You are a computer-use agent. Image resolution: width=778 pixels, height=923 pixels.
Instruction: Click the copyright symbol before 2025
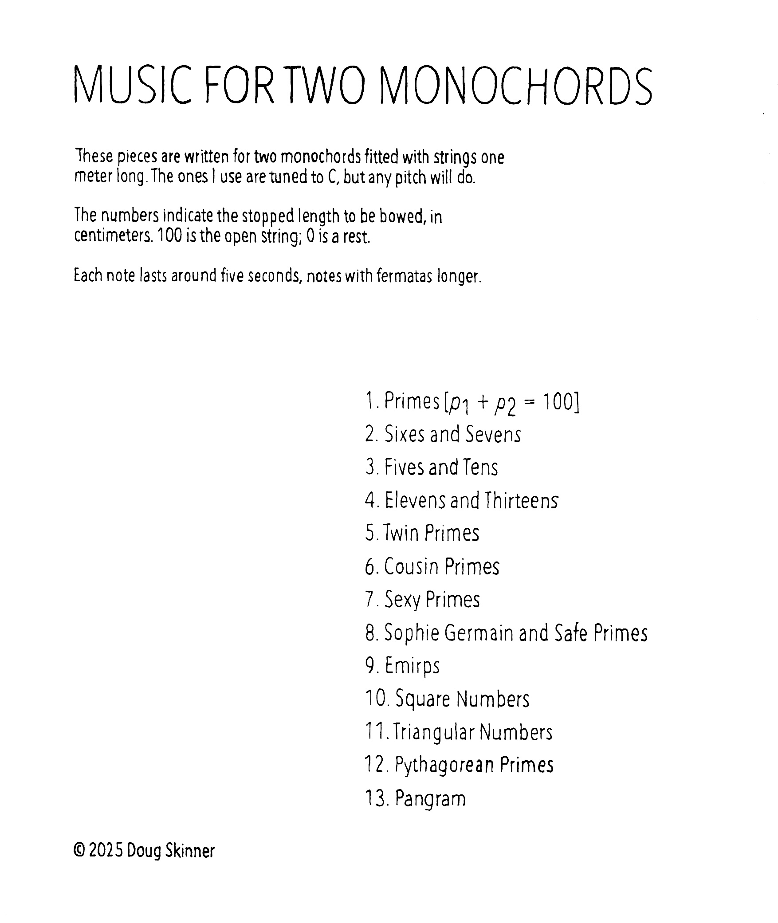[79, 851]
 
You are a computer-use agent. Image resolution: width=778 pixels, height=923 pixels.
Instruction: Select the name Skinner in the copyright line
[190, 851]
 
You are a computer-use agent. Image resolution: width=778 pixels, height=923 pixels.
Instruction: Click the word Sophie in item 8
[411, 633]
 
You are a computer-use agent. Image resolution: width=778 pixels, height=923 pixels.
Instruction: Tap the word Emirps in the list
[412, 666]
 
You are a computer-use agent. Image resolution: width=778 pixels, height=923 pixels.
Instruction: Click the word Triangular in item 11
[434, 732]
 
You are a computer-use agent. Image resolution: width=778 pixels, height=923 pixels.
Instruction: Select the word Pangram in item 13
[430, 799]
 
